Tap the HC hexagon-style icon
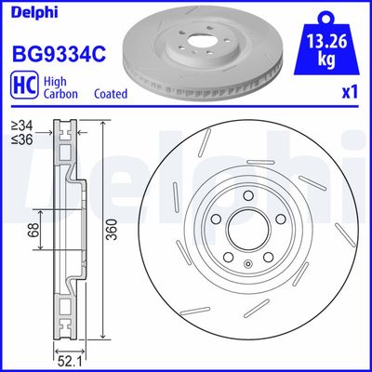[x=22, y=87]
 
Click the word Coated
[x=111, y=94]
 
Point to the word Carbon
[x=60, y=94]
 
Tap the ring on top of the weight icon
[x=325, y=16]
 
